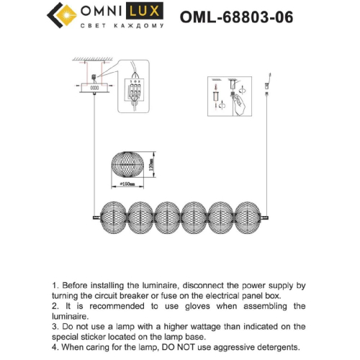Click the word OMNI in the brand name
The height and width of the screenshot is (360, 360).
tap(104, 13)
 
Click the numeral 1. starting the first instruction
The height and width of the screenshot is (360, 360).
tap(55, 285)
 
